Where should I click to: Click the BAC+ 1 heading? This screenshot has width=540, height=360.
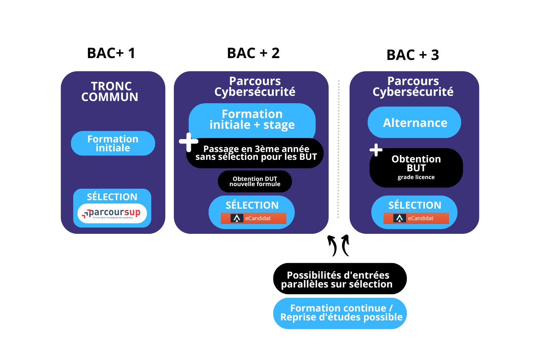[x=111, y=53]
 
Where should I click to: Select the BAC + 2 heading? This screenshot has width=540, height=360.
[x=253, y=53]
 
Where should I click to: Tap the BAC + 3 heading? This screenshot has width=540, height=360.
[x=413, y=55]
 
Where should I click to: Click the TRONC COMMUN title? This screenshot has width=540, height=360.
[x=110, y=91]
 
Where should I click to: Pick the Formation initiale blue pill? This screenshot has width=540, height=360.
[x=113, y=144]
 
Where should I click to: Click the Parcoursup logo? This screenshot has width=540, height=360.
[x=112, y=213]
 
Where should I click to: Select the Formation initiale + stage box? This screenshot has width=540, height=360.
[x=252, y=120]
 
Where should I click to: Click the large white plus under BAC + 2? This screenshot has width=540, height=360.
[x=189, y=142]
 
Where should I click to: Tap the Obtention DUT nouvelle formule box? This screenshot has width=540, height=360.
[x=255, y=181]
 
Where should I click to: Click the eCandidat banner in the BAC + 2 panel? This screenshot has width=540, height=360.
[x=253, y=218]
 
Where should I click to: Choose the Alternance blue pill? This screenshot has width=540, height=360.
[x=415, y=122]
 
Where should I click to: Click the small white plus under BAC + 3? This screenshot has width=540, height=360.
[x=376, y=150]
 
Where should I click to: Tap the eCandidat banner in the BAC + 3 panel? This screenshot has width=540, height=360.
[x=416, y=218]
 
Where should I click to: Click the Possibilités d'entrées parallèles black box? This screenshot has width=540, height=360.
[x=340, y=279]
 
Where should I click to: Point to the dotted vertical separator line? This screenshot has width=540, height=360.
[x=338, y=148]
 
